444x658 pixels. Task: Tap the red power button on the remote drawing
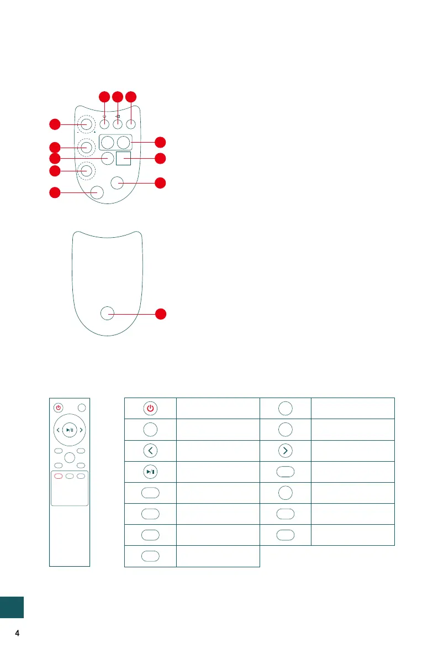tap(58, 408)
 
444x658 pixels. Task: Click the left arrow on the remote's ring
tap(58, 429)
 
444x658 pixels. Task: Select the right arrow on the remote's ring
tap(81, 429)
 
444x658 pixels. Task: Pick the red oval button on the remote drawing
tap(58, 476)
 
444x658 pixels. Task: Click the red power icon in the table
tap(150, 408)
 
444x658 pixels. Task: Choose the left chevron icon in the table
tap(150, 450)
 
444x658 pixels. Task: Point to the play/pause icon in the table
tap(150, 471)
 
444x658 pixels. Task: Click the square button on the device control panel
tap(124, 159)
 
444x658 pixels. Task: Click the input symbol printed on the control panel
tap(118, 116)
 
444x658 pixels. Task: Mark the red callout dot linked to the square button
tap(161, 159)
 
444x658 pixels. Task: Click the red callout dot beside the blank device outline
tap(161, 314)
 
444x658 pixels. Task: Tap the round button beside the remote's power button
tap(82, 408)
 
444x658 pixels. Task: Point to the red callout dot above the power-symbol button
tap(104, 97)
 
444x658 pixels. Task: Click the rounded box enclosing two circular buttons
tap(117, 142)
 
